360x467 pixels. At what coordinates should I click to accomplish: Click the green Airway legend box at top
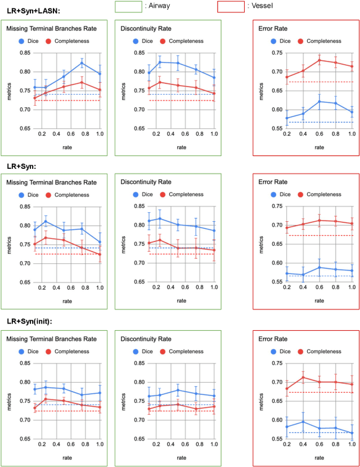128,7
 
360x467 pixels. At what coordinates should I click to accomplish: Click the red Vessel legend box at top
231,7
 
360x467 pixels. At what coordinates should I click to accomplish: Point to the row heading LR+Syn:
21,167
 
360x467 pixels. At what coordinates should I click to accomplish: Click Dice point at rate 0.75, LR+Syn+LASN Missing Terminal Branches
82,63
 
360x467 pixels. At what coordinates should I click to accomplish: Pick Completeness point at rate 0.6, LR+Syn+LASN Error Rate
319,60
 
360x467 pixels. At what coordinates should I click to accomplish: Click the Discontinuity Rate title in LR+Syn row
148,182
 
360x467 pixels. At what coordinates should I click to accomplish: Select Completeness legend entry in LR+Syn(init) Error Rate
323,351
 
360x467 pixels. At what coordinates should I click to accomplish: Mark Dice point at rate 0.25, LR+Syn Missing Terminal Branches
45,221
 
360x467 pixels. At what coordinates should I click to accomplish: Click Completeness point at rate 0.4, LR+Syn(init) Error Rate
303,378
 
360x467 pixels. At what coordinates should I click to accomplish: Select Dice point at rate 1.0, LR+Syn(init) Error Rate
352,433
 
